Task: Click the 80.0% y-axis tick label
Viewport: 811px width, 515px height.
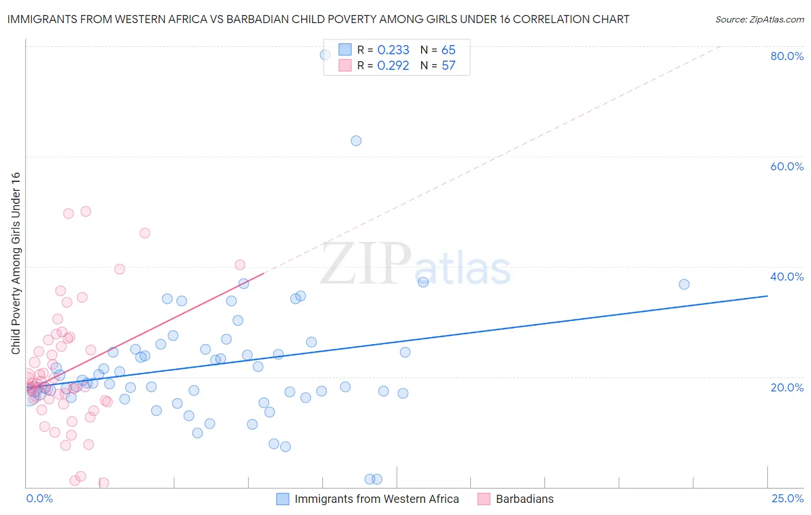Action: tap(787, 56)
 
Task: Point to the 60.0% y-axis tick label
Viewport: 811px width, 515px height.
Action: tap(787, 166)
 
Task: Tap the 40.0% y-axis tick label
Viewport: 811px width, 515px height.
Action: tap(787, 277)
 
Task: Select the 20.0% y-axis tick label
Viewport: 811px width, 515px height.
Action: tap(787, 387)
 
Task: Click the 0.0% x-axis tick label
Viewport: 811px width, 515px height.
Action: tap(39, 498)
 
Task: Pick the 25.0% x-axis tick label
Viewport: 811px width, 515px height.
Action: tap(787, 498)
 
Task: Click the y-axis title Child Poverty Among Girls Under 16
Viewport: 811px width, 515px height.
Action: tap(16, 263)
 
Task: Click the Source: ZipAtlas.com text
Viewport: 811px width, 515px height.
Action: tap(759, 19)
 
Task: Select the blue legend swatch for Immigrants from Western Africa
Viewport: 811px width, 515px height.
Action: tap(283, 499)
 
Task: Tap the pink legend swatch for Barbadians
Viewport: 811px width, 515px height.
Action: tap(484, 499)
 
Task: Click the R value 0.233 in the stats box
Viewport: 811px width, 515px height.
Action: tap(393, 50)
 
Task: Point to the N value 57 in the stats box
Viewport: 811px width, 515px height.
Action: tap(448, 66)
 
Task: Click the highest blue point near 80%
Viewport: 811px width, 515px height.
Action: tap(325, 55)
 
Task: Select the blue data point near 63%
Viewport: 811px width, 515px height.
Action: tap(356, 141)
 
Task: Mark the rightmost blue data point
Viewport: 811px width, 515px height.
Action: tap(684, 284)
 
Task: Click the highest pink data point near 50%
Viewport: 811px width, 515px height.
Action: tap(85, 211)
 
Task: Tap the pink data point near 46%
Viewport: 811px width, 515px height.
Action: tap(145, 233)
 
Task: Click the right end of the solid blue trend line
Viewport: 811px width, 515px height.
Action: tap(767, 296)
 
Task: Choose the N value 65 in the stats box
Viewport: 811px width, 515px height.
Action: tap(448, 50)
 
